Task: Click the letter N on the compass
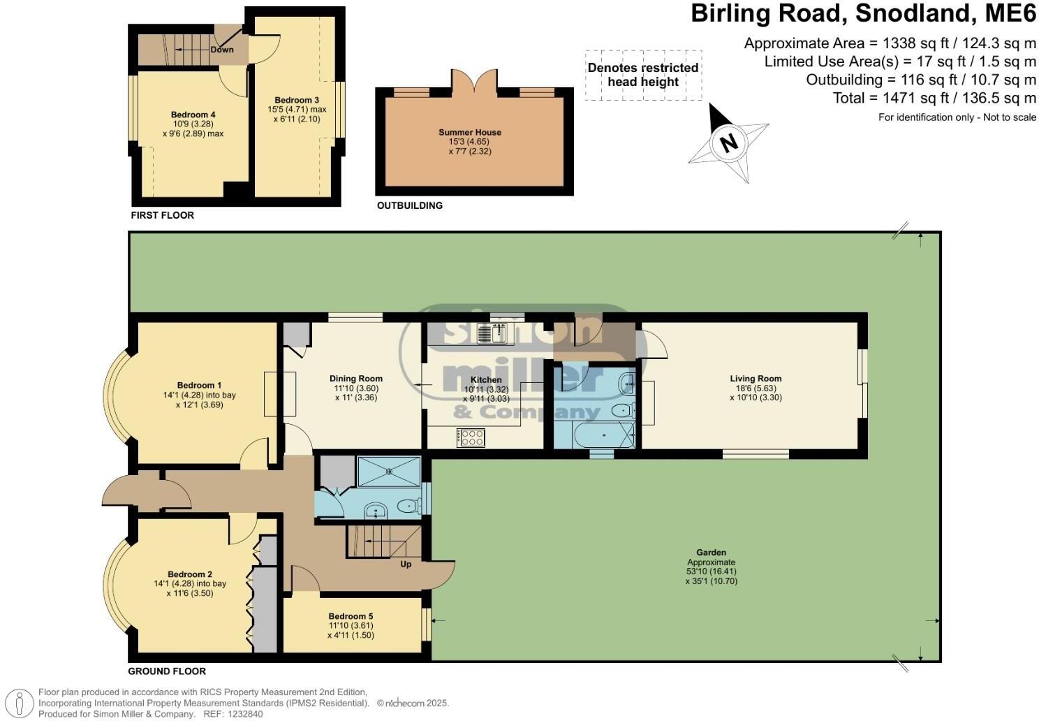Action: click(729, 143)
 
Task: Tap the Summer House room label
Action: click(470, 132)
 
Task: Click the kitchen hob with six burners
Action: click(471, 438)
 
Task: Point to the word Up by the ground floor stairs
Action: click(406, 565)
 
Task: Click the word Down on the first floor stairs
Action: click(222, 50)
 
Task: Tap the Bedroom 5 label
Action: click(351, 616)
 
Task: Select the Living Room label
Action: click(756, 379)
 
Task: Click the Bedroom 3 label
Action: click(297, 100)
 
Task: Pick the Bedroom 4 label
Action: click(193, 115)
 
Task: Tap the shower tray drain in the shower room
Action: click(389, 472)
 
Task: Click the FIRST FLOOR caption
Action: click(162, 215)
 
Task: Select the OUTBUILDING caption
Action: click(410, 205)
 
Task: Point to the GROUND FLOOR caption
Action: click(167, 671)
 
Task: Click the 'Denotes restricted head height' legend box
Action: click(643, 75)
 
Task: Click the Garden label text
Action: click(711, 552)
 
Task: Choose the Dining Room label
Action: click(356, 379)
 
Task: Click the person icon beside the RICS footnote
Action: click(19, 704)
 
